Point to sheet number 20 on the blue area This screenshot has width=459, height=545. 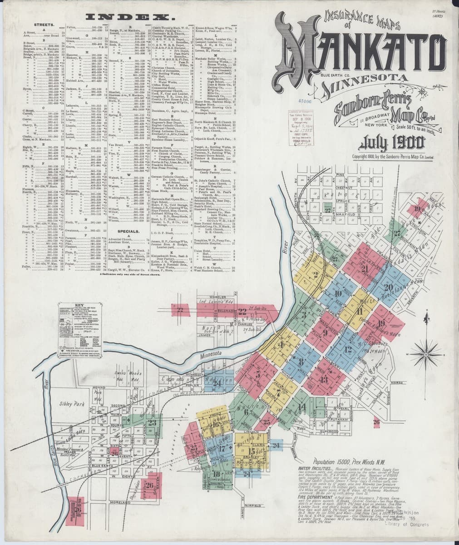point(388,287)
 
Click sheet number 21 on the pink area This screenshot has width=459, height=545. point(364,268)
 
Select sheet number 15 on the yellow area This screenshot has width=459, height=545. point(251,451)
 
